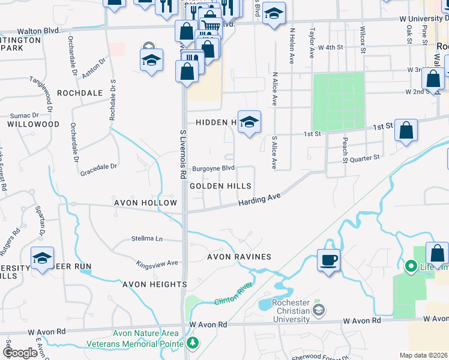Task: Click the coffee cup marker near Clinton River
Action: pos(328,260)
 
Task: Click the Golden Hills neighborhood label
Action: pos(220,186)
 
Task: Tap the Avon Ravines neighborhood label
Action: pos(239,257)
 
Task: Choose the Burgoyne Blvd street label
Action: pos(212,169)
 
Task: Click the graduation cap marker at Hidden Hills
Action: pos(249,122)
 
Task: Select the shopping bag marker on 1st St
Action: pos(406,130)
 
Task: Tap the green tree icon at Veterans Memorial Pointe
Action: pos(193,343)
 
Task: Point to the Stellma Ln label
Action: pos(147,238)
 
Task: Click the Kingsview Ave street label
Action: pos(157,263)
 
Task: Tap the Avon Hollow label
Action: pos(146,203)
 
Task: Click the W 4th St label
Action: pos(331,47)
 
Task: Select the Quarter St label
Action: pos(366,158)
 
